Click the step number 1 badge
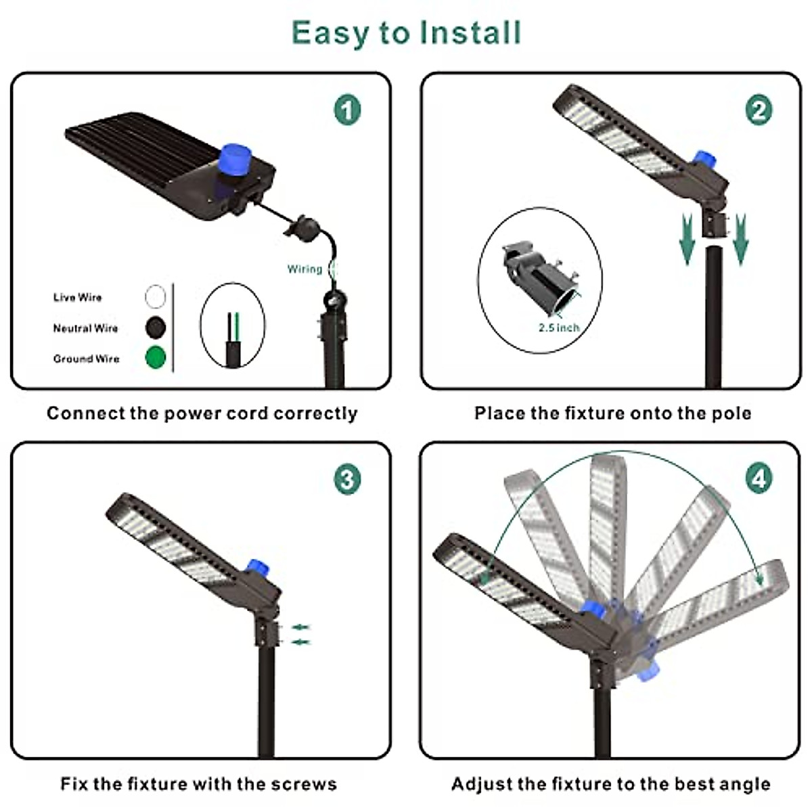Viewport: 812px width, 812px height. [347, 110]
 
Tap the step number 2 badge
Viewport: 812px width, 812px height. [759, 110]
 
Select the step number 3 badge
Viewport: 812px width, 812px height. [347, 479]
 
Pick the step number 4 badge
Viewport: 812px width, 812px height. [759, 478]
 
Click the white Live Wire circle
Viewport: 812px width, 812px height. [156, 296]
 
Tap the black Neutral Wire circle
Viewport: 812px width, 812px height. [156, 328]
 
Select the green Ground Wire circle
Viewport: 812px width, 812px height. [156, 357]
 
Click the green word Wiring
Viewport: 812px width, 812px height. [304, 269]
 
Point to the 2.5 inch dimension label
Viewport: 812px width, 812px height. [559, 328]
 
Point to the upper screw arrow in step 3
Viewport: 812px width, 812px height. [300, 627]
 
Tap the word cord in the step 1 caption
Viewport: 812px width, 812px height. [246, 413]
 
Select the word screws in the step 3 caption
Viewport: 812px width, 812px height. [304, 784]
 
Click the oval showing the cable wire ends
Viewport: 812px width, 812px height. [231, 327]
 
